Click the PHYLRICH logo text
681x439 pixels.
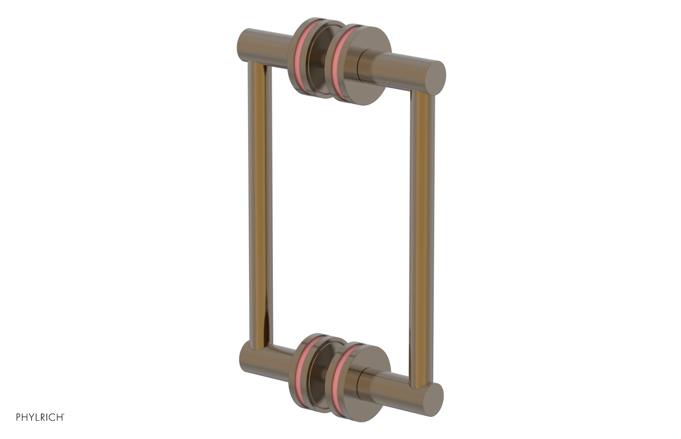[x=40, y=417]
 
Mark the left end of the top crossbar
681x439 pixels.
[x=245, y=46]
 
